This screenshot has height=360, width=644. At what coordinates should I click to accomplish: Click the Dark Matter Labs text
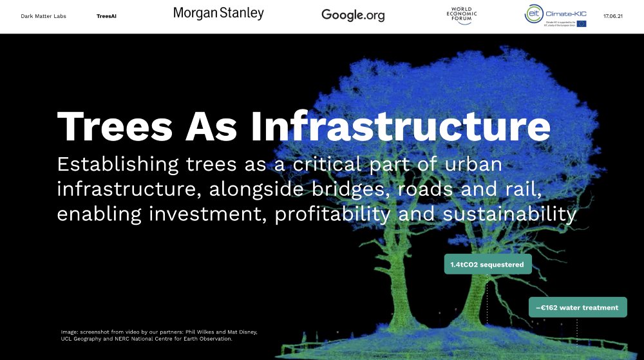43,16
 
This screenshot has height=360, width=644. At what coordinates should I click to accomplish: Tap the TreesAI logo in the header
106,16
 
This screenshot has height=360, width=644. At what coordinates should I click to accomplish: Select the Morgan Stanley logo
218,13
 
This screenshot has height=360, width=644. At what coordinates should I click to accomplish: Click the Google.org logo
353,15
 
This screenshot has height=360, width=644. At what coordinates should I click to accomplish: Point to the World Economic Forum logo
459,15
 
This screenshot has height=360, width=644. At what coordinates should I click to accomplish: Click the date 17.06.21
614,15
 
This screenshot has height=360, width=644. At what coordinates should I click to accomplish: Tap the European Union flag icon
582,24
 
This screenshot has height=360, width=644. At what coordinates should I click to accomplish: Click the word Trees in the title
115,126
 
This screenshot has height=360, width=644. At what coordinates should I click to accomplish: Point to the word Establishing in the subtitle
118,164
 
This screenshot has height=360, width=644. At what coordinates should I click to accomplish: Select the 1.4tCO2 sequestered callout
488,264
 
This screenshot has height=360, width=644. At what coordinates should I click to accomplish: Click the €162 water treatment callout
577,307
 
